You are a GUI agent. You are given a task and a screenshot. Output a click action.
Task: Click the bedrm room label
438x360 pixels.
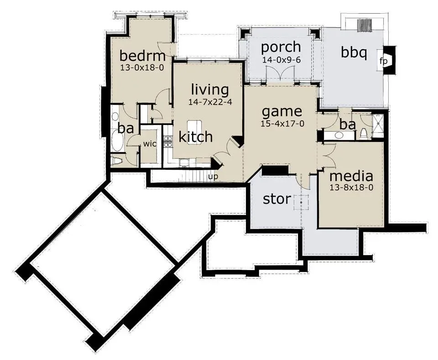point(142,56)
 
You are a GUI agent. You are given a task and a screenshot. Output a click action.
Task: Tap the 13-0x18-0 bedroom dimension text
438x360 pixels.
point(142,68)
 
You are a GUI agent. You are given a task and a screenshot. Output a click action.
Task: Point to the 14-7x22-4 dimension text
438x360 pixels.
point(210,102)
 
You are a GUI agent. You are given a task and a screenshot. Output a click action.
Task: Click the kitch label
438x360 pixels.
point(196,137)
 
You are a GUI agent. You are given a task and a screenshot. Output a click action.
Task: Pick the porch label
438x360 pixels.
point(281,47)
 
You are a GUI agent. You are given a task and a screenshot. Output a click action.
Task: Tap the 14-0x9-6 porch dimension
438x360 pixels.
point(282,60)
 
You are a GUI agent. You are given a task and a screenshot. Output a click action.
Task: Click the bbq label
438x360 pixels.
point(354,52)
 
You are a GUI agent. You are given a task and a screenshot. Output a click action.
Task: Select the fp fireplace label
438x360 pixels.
point(384,61)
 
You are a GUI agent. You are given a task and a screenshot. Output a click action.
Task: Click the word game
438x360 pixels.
point(282,111)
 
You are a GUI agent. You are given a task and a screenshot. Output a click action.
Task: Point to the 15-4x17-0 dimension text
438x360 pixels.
point(282,124)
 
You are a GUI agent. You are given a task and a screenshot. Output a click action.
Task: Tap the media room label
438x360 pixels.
point(351,176)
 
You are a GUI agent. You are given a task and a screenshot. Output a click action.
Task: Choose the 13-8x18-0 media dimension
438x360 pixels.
point(351,188)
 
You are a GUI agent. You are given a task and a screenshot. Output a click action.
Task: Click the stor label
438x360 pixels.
point(277,199)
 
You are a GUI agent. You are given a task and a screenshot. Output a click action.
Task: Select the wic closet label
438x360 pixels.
point(150,144)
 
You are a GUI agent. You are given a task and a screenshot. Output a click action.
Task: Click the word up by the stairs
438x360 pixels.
point(213,177)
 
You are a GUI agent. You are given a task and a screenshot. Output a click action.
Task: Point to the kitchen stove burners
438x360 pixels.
point(167,141)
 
